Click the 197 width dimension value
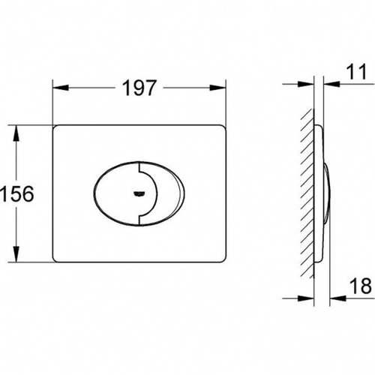[139, 88]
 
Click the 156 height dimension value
[17, 193]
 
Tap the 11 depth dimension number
[357, 72]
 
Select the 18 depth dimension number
[360, 286]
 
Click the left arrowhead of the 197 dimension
[61, 88]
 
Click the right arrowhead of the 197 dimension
[217, 88]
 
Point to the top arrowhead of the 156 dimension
[16, 133]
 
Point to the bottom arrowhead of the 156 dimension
[16, 254]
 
